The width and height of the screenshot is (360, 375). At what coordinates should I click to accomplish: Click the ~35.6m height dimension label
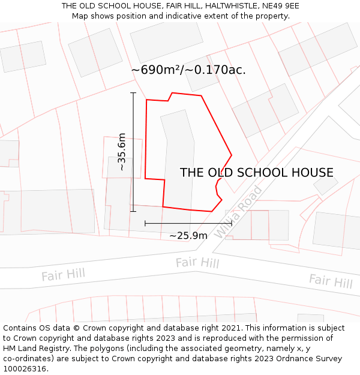pos(122,152)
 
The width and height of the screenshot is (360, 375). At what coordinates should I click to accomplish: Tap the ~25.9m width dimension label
pos(188,236)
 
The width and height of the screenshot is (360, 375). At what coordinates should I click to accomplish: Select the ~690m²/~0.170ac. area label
pos(188,70)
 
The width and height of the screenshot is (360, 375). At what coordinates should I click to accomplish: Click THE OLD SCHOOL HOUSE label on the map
pos(256,173)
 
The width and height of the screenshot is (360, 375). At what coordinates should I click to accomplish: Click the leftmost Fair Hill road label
pos(63,275)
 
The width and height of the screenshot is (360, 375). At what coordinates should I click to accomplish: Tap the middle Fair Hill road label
pos(197,263)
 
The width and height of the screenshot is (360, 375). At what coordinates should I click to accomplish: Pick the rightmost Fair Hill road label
pos(331,281)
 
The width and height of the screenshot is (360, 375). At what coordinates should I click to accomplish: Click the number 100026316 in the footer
pos(23,368)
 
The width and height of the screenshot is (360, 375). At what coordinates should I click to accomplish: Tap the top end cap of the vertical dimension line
pos(133,93)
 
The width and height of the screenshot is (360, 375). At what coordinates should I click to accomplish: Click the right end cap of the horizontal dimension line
pos(232,223)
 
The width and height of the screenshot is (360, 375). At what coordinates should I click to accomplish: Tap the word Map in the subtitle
pos(80,16)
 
